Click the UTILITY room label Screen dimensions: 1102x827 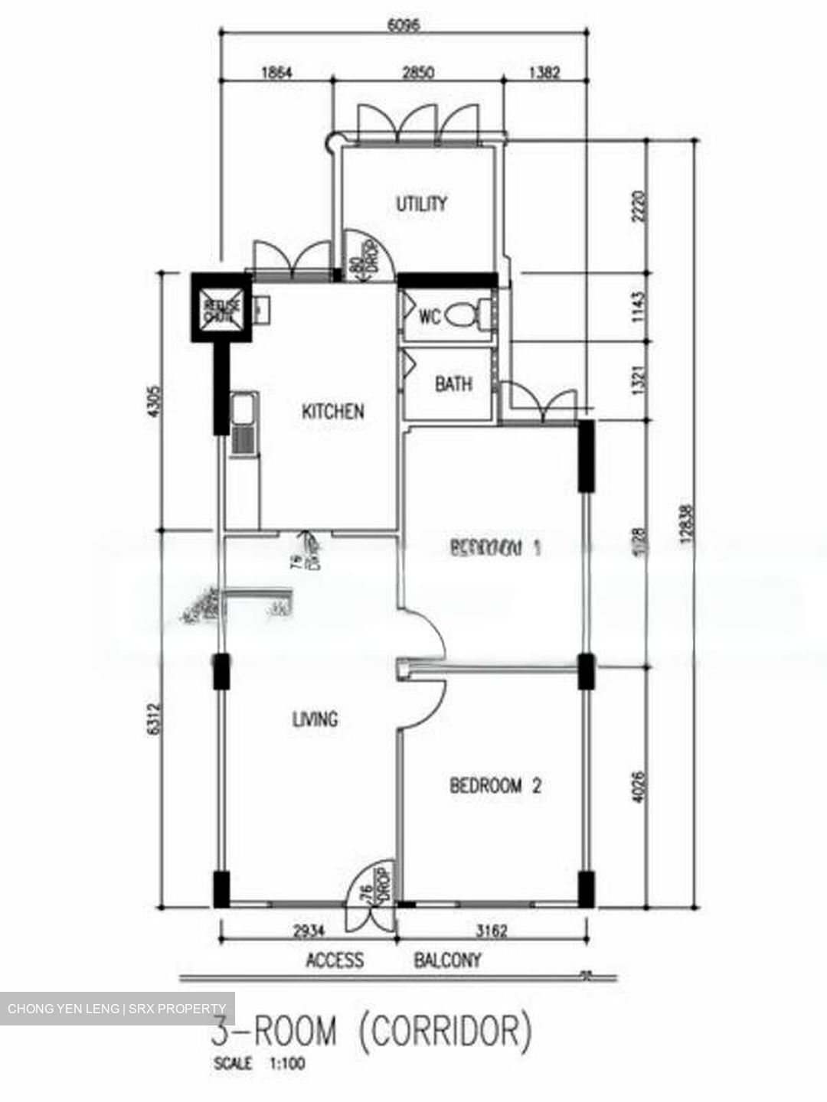421,204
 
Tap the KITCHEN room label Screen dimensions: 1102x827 332,412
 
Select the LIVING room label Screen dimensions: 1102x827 315,719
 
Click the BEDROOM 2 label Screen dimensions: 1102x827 495,786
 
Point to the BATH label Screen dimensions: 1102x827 453,384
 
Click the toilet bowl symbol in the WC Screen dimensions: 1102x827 467,315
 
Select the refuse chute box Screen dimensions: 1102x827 221,307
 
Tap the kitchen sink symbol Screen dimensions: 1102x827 244,425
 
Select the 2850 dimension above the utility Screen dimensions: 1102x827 419,73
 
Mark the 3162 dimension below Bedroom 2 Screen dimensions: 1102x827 492,932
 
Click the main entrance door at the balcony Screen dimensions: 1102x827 369,895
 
